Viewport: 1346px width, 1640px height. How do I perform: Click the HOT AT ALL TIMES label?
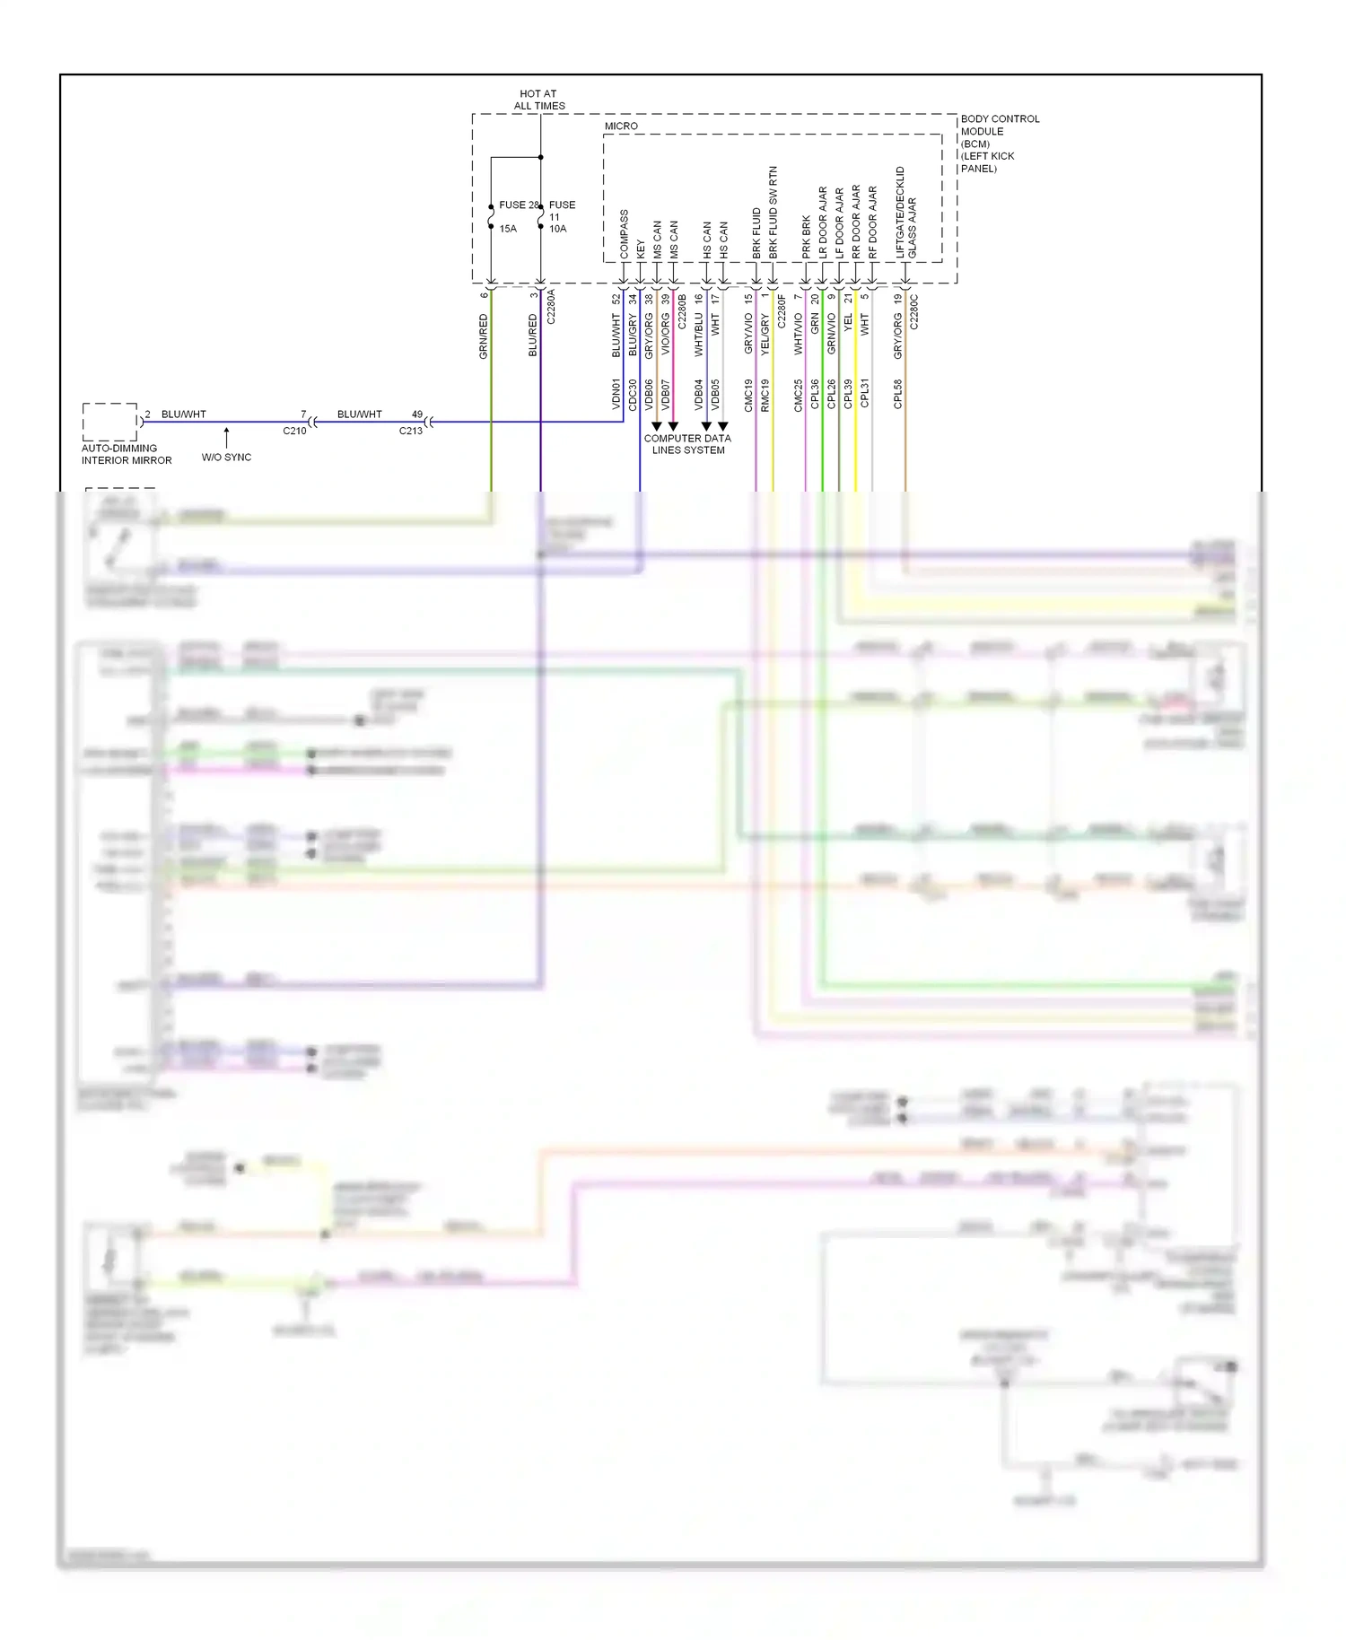tap(538, 100)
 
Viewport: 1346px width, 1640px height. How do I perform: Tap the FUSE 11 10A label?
tap(561, 216)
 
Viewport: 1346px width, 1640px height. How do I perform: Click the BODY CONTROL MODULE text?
tap(999, 143)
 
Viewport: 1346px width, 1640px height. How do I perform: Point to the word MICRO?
tap(621, 126)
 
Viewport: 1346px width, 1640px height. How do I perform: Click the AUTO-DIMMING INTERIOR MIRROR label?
tap(126, 454)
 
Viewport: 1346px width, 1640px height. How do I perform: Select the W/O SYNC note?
tap(226, 458)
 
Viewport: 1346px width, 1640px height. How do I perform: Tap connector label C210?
tap(294, 432)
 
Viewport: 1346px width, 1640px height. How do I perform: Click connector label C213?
tap(410, 432)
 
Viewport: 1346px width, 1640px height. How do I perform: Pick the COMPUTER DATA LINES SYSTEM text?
tap(687, 444)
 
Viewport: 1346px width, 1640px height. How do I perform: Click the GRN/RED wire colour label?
tap(484, 336)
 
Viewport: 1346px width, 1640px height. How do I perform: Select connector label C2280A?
tap(551, 306)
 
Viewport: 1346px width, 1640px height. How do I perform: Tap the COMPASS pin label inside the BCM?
tap(624, 234)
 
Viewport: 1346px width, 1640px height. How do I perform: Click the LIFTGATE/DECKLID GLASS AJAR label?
tap(905, 214)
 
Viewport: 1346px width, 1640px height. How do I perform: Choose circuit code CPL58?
tap(898, 394)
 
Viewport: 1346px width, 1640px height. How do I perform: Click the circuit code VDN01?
tap(616, 394)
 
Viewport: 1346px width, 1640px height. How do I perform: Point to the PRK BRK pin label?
tap(806, 238)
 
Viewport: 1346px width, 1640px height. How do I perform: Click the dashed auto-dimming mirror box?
tap(109, 422)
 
